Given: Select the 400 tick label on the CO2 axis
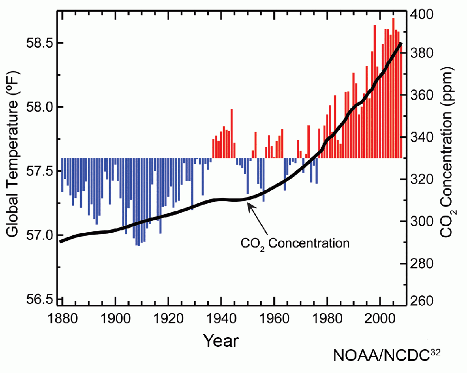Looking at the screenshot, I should (422, 14).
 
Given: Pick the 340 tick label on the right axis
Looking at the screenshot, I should (422, 137).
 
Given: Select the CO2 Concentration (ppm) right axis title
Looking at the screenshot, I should (448, 157).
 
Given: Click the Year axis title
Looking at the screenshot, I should (221, 341).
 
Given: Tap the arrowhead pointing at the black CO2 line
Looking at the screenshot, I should (248, 204).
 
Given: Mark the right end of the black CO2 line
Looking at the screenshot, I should (400, 43).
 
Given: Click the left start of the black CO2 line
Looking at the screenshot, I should (61, 241).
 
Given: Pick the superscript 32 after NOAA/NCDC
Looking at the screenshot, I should (435, 352).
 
